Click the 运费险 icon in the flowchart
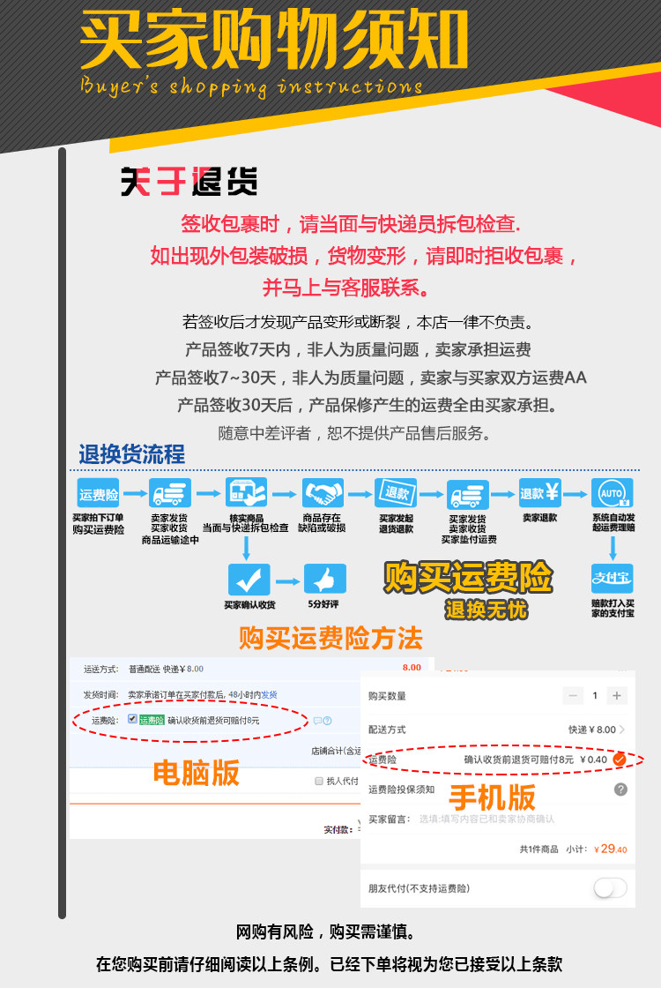tap(98, 494)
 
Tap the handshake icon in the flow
tap(323, 492)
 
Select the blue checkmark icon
tap(249, 580)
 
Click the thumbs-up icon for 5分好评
tap(325, 580)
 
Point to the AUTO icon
tap(612, 492)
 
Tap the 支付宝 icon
tap(612, 580)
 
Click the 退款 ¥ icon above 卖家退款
tap(540, 492)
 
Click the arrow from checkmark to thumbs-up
tap(287, 580)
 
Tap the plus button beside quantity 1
tap(618, 696)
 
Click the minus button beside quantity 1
tap(574, 696)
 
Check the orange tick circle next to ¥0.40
tap(620, 759)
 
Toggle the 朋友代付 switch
tap(610, 887)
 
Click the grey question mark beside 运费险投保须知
tap(620, 790)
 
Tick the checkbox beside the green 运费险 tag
tap(132, 720)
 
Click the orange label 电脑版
tap(196, 772)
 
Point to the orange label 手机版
tap(492, 797)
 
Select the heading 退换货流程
tap(132, 454)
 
